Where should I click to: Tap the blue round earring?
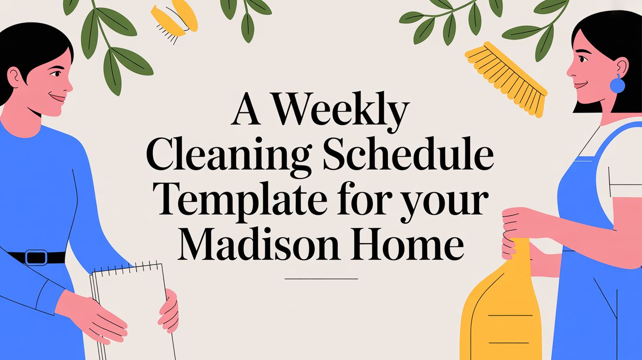tap(618, 86)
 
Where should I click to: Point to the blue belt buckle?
tap(36, 257)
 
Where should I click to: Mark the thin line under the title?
tap(321, 279)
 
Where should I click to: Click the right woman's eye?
tap(582, 59)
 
